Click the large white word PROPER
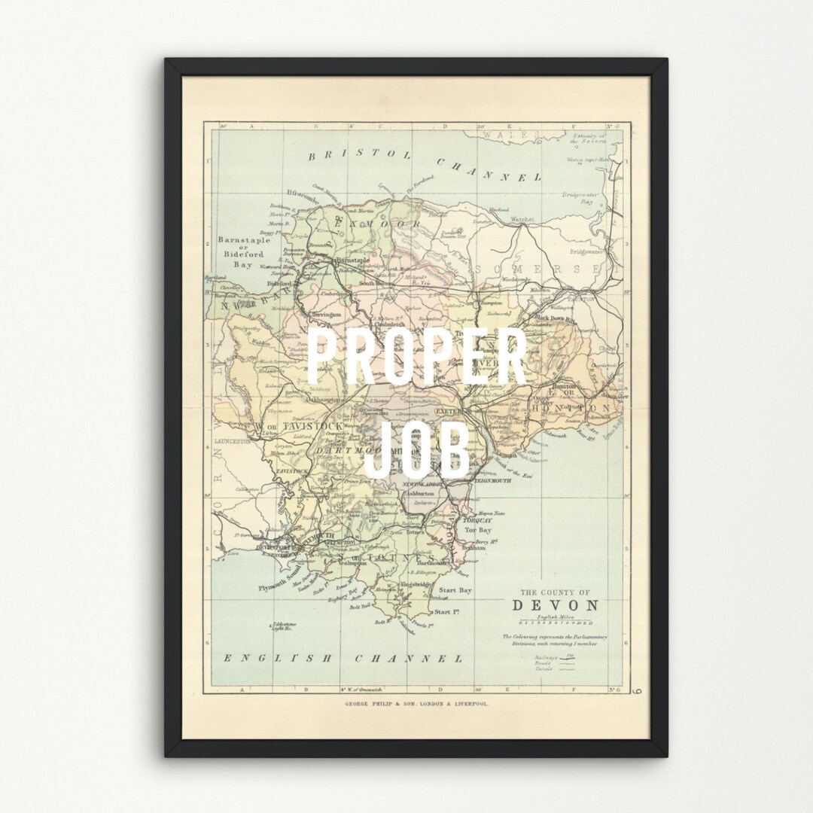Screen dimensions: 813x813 (x=418, y=360)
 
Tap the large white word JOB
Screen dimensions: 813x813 (x=422, y=449)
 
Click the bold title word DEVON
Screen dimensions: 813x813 (x=556, y=605)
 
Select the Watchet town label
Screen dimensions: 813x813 (x=522, y=219)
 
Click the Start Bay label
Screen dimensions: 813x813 (x=455, y=590)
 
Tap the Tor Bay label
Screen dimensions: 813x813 (x=477, y=531)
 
